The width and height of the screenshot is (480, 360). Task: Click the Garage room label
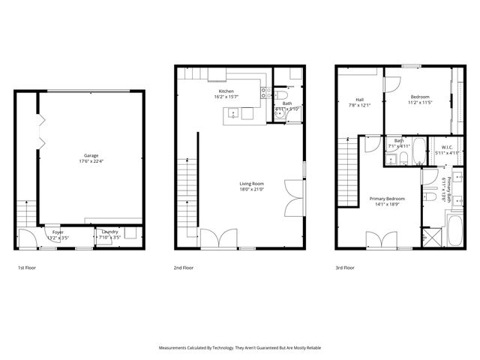tap(90, 155)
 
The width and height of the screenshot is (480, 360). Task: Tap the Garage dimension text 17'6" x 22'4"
tap(90, 161)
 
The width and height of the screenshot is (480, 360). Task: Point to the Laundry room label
tap(110, 232)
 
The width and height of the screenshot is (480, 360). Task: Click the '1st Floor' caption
tap(27, 267)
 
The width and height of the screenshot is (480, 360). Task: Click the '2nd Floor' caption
tap(184, 267)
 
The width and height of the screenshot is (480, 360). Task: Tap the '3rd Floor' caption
tap(344, 267)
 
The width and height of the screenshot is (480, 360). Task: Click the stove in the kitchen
tap(265, 93)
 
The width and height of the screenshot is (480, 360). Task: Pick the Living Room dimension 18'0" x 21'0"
tap(252, 189)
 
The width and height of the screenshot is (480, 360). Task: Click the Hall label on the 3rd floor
tap(360, 99)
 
